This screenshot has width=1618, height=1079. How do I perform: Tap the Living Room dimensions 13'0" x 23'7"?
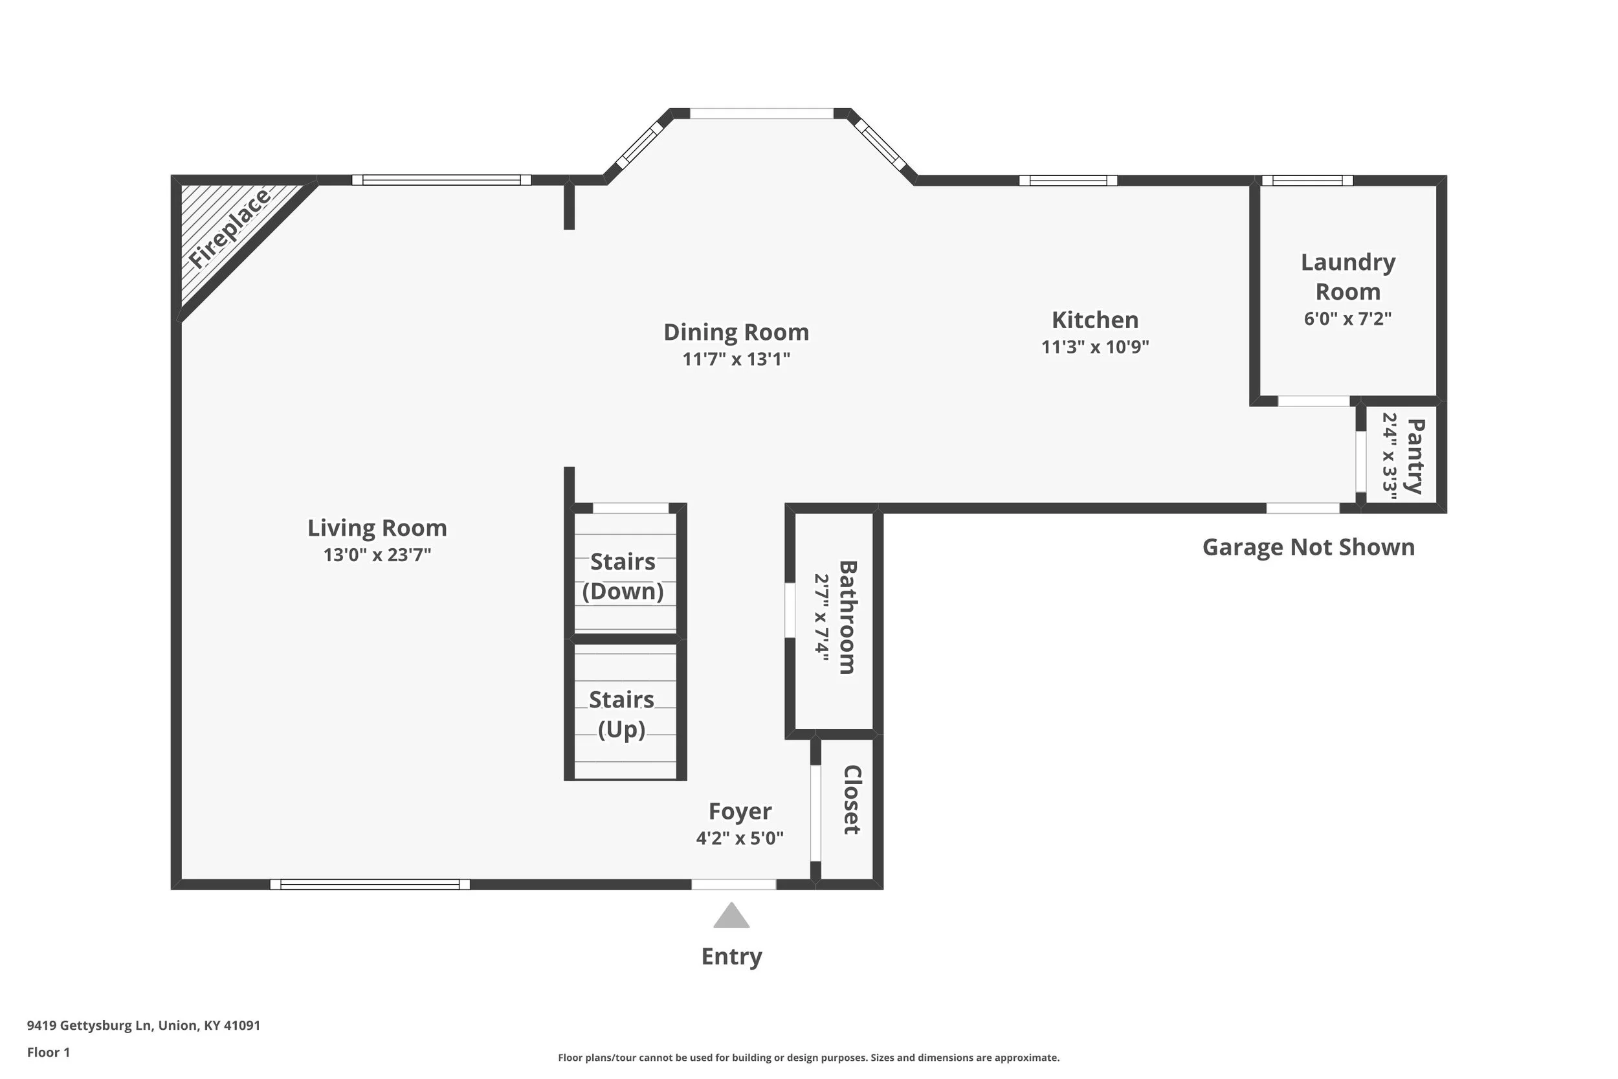[377, 555]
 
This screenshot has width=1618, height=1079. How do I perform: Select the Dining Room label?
[736, 331]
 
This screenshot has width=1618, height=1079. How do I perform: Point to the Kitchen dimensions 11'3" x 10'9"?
[1095, 346]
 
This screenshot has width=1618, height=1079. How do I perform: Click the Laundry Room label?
[1347, 276]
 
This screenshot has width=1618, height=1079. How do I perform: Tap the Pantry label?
[1414, 456]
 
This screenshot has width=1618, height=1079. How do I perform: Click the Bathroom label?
[848, 617]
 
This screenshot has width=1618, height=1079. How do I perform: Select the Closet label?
[852, 799]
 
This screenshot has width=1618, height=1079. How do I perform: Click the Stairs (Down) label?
[623, 577]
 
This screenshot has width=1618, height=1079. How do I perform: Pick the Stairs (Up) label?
[621, 715]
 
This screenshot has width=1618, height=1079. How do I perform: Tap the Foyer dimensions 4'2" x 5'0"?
[740, 838]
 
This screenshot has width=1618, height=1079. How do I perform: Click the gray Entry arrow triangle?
[731, 917]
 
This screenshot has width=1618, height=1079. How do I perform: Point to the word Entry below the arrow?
[731, 957]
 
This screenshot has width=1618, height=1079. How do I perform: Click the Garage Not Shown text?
[1309, 547]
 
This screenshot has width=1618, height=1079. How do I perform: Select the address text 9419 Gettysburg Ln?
[89, 1025]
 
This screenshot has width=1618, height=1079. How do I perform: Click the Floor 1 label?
[48, 1052]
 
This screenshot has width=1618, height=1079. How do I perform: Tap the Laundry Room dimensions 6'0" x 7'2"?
[1347, 318]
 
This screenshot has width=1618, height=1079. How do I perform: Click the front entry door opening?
[733, 884]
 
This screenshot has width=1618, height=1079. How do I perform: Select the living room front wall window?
[370, 884]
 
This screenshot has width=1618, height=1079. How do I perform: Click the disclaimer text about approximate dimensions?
[809, 1058]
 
